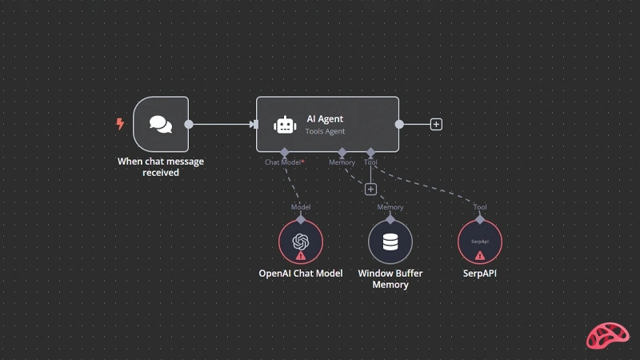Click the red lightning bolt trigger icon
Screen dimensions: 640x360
pos(120,124)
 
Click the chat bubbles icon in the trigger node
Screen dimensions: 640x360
pos(161,124)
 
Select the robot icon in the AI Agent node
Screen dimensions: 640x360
pos(285,125)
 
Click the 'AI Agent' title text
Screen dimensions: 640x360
pos(325,118)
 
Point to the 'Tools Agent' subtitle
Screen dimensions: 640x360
pos(325,131)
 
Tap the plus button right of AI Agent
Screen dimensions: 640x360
pos(436,124)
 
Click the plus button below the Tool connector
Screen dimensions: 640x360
pos(370,190)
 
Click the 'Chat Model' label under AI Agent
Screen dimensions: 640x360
pos(282,162)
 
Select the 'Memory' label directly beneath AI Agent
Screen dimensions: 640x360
pos(342,162)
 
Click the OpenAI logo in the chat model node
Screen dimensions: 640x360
pos(301,242)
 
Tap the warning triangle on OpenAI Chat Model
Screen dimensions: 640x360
pos(301,256)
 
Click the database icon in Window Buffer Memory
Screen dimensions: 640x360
pos(390,242)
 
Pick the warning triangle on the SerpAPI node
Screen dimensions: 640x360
pos(480,256)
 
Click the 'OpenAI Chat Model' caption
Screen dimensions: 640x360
pos(301,274)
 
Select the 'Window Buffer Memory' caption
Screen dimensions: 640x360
pos(390,278)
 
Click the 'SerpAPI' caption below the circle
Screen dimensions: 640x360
pos(479,274)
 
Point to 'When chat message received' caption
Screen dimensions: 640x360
pos(161,167)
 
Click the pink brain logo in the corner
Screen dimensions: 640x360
pos(608,335)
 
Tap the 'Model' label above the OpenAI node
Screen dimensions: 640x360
pos(301,207)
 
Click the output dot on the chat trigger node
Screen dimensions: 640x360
pos(189,124)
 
